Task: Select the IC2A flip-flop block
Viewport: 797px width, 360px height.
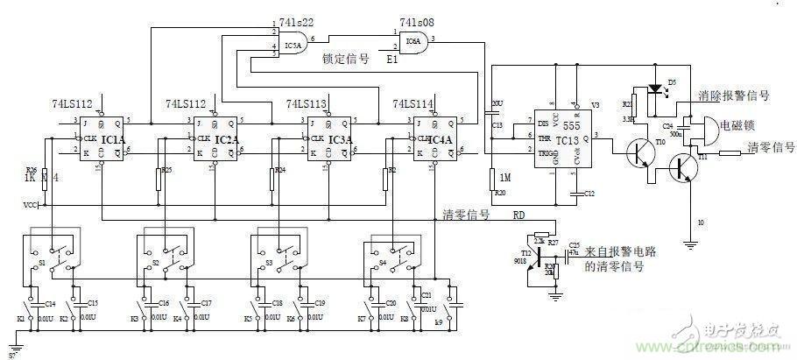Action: (x=214, y=139)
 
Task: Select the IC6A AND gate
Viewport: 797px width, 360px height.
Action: (x=411, y=40)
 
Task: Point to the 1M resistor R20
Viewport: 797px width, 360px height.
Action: (x=492, y=180)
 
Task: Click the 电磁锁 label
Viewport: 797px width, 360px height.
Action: (x=737, y=126)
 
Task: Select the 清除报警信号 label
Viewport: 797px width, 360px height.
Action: (x=735, y=95)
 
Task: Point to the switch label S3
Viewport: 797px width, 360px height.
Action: (x=269, y=261)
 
